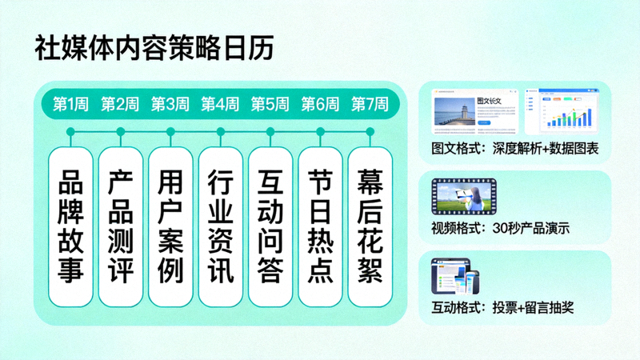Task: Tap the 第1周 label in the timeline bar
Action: click(x=70, y=104)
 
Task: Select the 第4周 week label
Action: click(x=220, y=104)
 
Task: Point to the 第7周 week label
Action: click(x=370, y=104)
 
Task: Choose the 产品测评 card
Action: click(x=120, y=226)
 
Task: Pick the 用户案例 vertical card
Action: click(x=170, y=226)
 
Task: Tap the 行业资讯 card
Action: click(x=220, y=226)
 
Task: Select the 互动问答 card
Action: click(x=270, y=226)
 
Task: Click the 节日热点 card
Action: click(x=320, y=226)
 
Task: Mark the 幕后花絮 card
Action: click(x=370, y=226)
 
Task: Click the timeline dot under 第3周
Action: click(x=170, y=131)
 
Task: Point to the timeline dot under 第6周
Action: click(x=320, y=131)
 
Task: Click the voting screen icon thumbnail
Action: click(x=456, y=278)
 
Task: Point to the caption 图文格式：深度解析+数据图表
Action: click(x=514, y=149)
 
